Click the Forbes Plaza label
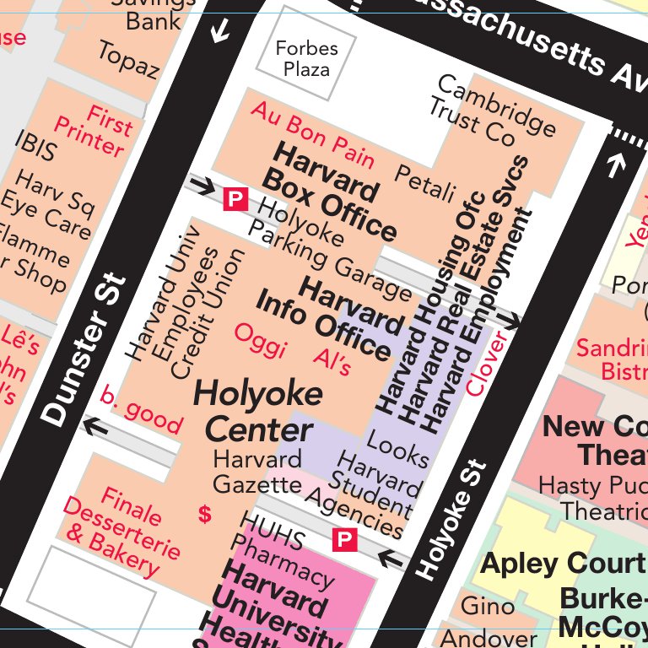pos(306,58)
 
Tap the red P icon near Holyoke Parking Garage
pos(235,200)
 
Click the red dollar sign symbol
pos(204,514)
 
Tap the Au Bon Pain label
pos(312,134)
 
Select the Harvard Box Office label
pos(329,194)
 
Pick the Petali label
pos(425,183)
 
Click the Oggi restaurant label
pos(260,340)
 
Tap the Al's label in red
pos(332,360)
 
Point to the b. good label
pos(140,409)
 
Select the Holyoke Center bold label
pos(251,412)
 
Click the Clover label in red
pos(488,364)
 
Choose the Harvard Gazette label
pos(256,472)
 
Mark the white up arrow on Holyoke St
pos(615,165)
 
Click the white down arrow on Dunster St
pos(220,32)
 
